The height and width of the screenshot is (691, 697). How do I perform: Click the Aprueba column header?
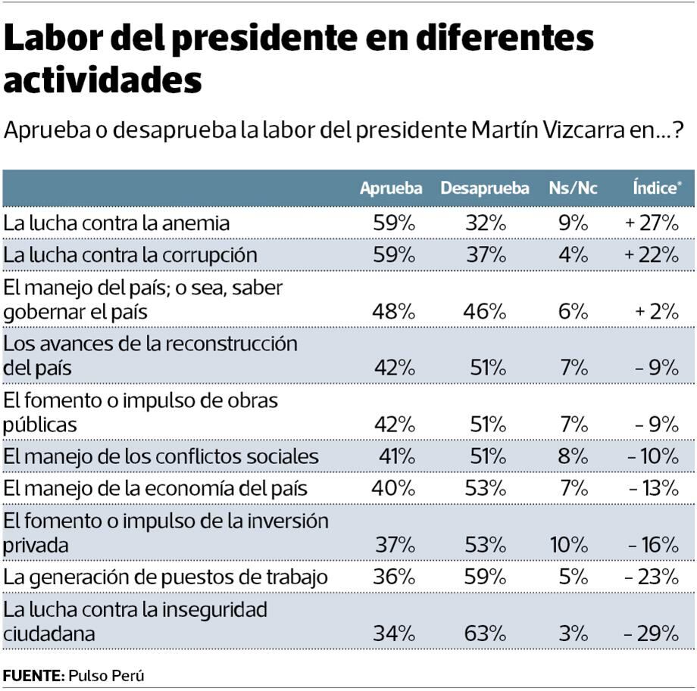[391, 188]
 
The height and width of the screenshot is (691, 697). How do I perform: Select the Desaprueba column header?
[485, 188]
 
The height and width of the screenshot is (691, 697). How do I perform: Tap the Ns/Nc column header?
[574, 188]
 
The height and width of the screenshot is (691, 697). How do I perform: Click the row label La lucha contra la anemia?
[117, 223]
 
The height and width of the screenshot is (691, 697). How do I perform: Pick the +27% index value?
[652, 223]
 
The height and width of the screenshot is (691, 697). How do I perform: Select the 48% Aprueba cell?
[394, 311]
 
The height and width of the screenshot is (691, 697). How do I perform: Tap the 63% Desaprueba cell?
[486, 633]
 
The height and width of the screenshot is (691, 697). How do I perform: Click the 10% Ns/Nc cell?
[573, 545]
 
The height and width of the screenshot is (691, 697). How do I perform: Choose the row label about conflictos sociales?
[161, 456]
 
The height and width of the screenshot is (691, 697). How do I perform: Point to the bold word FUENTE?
[33, 675]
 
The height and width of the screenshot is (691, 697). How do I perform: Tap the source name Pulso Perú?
[106, 675]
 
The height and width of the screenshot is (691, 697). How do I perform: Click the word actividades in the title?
[103, 79]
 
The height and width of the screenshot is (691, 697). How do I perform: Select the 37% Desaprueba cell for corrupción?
[486, 255]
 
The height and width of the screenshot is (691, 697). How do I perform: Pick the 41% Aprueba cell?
[394, 456]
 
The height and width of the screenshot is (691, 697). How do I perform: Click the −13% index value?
[653, 488]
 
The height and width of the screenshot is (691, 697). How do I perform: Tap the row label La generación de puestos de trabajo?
[166, 577]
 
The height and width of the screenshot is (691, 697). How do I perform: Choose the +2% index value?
[658, 311]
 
